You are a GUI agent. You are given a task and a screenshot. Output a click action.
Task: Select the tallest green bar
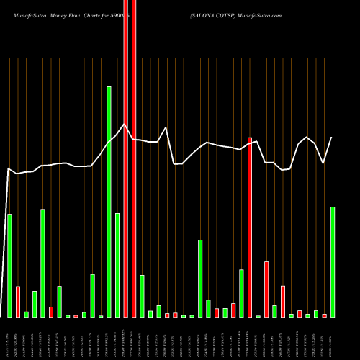(x=109, y=202)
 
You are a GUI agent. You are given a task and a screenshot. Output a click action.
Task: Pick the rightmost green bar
(x=333, y=262)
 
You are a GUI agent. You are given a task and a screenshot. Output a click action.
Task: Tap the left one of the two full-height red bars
(x=125, y=158)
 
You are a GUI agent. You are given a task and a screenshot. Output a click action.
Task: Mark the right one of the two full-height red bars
(x=133, y=158)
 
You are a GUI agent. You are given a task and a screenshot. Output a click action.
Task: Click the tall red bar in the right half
(x=250, y=227)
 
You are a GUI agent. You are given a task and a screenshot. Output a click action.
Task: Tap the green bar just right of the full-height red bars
(x=142, y=296)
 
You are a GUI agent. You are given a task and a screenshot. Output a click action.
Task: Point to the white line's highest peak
(x=125, y=124)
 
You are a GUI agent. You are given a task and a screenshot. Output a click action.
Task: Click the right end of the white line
(x=332, y=138)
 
